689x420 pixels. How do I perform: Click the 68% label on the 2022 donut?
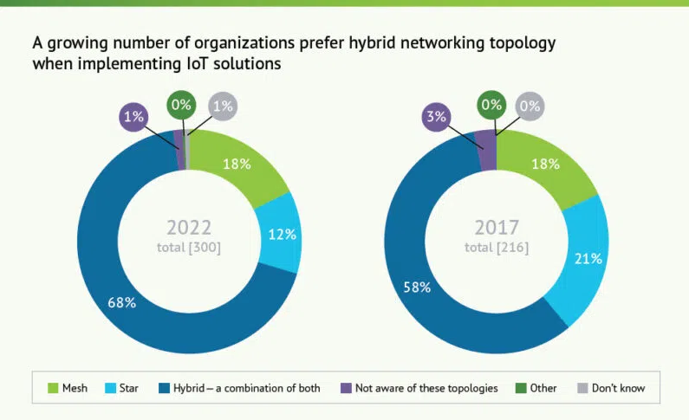tap(122, 302)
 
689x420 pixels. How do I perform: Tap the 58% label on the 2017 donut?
tap(417, 287)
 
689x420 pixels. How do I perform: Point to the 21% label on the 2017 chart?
tap(589, 259)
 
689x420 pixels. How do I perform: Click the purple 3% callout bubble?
tap(436, 116)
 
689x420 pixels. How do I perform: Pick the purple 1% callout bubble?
tap(134, 116)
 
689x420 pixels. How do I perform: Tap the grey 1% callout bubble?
tap(223, 107)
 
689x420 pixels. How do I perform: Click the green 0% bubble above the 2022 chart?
tap(182, 105)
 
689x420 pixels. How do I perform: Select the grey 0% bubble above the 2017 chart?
tap(530, 107)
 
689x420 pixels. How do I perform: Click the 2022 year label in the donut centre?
tap(189, 228)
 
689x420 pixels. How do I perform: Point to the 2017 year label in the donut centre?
tap(497, 228)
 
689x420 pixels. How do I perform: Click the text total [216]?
tap(497, 247)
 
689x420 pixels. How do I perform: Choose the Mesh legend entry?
tap(68, 388)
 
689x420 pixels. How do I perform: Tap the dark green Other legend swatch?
tap(521, 388)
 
